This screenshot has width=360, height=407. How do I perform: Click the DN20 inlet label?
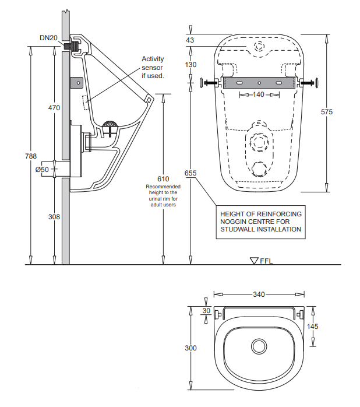coord(48,38)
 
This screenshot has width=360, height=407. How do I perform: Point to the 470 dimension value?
coord(54,108)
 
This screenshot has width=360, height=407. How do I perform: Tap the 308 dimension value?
coord(54,216)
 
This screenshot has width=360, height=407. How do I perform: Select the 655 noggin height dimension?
coord(190,173)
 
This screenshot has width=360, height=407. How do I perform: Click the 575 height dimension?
coord(326,112)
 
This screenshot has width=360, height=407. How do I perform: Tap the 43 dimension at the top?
coord(190,40)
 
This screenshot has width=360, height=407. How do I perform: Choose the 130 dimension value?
coord(190,65)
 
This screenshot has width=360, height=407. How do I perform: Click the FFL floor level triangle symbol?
coord(253,261)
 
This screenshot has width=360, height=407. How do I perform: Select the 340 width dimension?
coord(259,294)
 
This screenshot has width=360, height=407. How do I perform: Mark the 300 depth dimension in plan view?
coord(190,348)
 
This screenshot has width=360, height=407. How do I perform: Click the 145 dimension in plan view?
coord(313,327)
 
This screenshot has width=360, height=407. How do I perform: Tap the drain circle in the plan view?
coord(259,347)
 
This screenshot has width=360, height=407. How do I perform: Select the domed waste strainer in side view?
coord(110,124)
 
